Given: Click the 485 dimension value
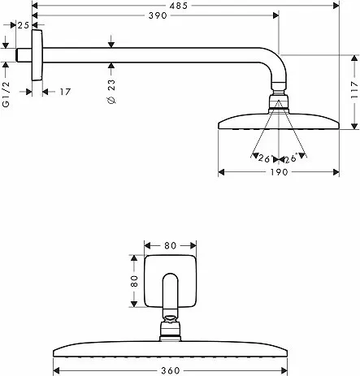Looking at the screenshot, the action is [179, 6].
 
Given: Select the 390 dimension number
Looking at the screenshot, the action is [158, 15].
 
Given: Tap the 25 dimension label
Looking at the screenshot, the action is [24, 25].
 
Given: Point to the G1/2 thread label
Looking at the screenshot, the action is [6, 94].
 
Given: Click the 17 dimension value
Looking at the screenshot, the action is [65, 92].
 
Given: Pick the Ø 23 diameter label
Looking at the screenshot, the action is [111, 92].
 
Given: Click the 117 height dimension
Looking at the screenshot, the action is [354, 89].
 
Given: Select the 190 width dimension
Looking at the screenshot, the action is [279, 172].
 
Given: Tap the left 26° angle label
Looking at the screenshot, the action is [264, 158].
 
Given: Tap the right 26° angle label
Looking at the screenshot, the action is [291, 158].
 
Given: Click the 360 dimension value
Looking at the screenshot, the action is [171, 370].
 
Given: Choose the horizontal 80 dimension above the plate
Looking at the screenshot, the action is [171, 245].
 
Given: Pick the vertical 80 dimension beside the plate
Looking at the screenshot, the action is [134, 281].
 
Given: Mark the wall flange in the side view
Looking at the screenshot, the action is [37, 55].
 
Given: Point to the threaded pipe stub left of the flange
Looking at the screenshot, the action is [24, 55].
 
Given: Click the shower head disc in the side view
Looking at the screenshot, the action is [279, 122].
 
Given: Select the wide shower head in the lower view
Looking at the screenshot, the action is [170, 349].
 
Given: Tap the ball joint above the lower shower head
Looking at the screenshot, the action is [171, 328].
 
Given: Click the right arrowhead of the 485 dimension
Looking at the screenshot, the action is [336, 6].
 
